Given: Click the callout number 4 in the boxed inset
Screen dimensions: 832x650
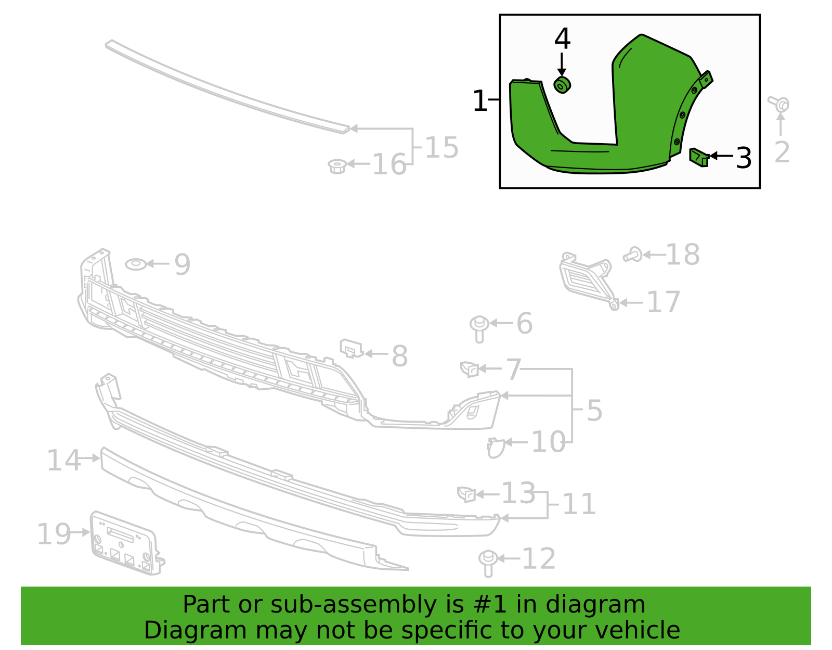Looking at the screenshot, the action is pyautogui.click(x=562, y=39).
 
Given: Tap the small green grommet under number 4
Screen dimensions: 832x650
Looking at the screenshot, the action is pyautogui.click(x=562, y=85).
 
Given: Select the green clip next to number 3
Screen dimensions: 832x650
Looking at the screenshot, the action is pyautogui.click(x=699, y=157).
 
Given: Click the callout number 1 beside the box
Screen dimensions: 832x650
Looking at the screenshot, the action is pyautogui.click(x=480, y=101).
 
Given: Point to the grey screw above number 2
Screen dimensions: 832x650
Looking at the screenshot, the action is pyautogui.click(x=779, y=104).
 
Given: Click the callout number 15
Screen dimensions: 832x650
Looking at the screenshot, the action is pyautogui.click(x=441, y=147).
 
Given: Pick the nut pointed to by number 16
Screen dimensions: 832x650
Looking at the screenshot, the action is pyautogui.click(x=337, y=166).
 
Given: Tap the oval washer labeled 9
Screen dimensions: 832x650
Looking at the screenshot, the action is pyautogui.click(x=136, y=264).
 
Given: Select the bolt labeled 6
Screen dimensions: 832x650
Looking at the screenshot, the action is pyautogui.click(x=479, y=329).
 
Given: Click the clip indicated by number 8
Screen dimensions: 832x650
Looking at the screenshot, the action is pyautogui.click(x=351, y=348).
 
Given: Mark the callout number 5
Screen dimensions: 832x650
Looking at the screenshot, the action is pyautogui.click(x=594, y=411).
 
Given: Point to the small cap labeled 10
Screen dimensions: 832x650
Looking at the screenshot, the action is pyautogui.click(x=496, y=448).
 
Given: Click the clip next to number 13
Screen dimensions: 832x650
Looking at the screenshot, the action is pyautogui.click(x=466, y=494).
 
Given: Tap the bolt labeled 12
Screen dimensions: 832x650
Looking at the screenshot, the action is pyautogui.click(x=488, y=564).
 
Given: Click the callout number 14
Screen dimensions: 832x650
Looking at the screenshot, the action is pyautogui.click(x=63, y=460).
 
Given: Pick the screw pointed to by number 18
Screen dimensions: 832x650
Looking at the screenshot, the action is pyautogui.click(x=633, y=254).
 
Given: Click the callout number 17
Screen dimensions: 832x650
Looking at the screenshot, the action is pyautogui.click(x=664, y=302).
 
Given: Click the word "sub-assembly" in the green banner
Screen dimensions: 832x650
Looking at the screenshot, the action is pyautogui.click(x=354, y=604).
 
